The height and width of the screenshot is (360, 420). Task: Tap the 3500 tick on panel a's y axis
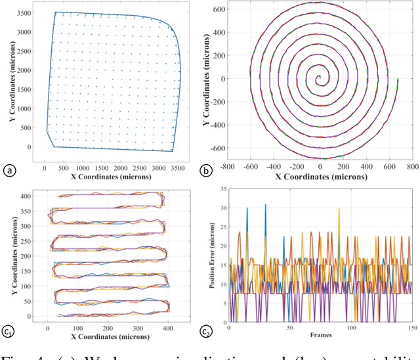click(28, 12)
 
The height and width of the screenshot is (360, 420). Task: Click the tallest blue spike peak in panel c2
click(265, 204)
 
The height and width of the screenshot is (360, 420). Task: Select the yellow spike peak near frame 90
click(339, 208)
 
